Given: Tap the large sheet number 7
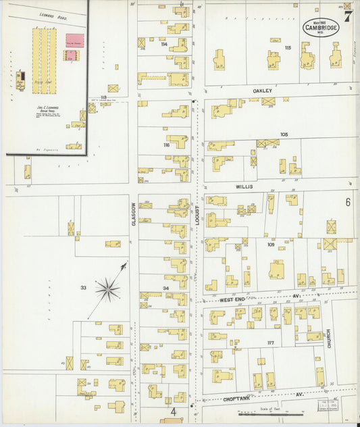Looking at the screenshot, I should (x=346, y=17).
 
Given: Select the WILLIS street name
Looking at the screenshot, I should (x=243, y=186).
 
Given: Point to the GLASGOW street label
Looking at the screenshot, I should (x=134, y=214).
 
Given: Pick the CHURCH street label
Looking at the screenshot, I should (x=329, y=338).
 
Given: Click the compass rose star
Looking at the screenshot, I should (x=107, y=291).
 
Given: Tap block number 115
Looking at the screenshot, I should (x=288, y=48).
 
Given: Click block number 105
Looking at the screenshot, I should (x=284, y=134).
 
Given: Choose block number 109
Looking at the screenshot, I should (x=270, y=244).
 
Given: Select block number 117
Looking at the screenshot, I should (x=270, y=343).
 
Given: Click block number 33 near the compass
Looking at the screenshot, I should (x=83, y=288).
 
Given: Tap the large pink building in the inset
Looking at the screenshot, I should (x=74, y=41).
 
